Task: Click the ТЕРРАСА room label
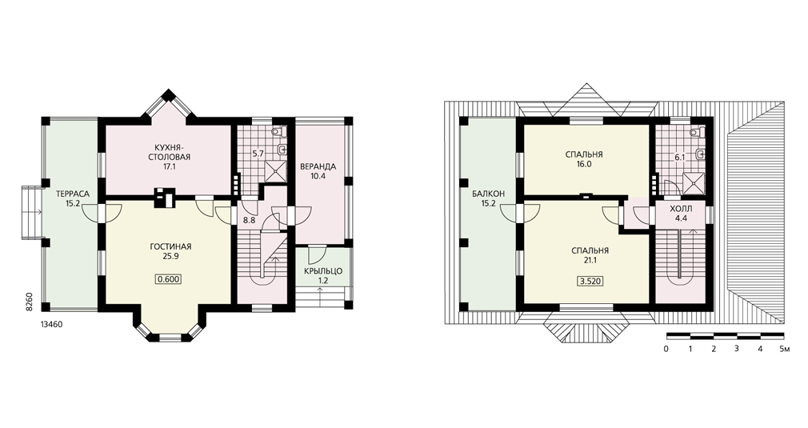click(x=73, y=194)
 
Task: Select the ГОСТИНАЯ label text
click(x=170, y=246)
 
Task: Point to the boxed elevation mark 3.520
click(x=590, y=282)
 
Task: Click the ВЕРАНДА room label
click(x=318, y=166)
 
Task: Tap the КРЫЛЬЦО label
click(x=323, y=271)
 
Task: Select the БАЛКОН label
click(x=488, y=194)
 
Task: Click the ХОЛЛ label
click(x=682, y=210)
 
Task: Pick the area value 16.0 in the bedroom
click(x=584, y=164)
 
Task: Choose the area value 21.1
click(x=590, y=261)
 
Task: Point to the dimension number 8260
click(x=30, y=302)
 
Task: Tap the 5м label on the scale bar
click(x=785, y=349)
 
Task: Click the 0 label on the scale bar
click(x=666, y=349)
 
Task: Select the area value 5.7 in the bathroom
click(x=258, y=153)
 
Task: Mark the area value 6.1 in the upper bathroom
click(x=680, y=158)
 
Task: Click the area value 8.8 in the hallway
click(x=250, y=220)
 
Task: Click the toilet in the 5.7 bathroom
click(x=280, y=131)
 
